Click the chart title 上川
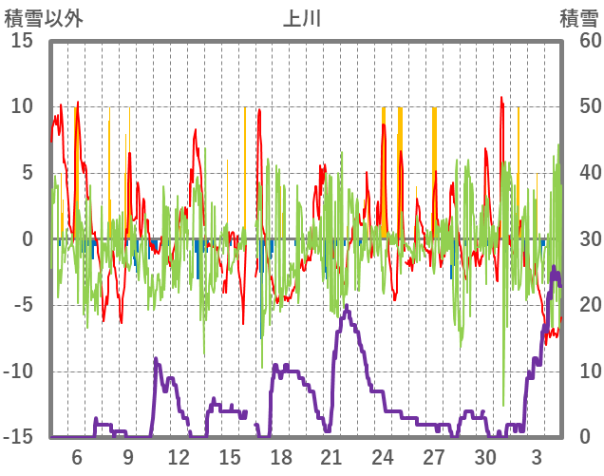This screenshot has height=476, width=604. click(302, 17)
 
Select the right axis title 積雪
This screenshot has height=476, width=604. click(577, 17)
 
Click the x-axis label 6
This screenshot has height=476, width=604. click(77, 456)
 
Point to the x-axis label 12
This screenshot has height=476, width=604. click(178, 456)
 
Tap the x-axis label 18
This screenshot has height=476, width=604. click(281, 456)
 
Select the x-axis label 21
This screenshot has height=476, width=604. click(331, 456)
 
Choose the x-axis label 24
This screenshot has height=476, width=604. click(383, 456)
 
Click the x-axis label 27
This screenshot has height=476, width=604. click(434, 456)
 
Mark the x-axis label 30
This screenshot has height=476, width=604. click(485, 456)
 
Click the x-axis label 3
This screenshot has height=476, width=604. click(537, 456)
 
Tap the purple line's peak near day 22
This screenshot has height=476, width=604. click(347, 306)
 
